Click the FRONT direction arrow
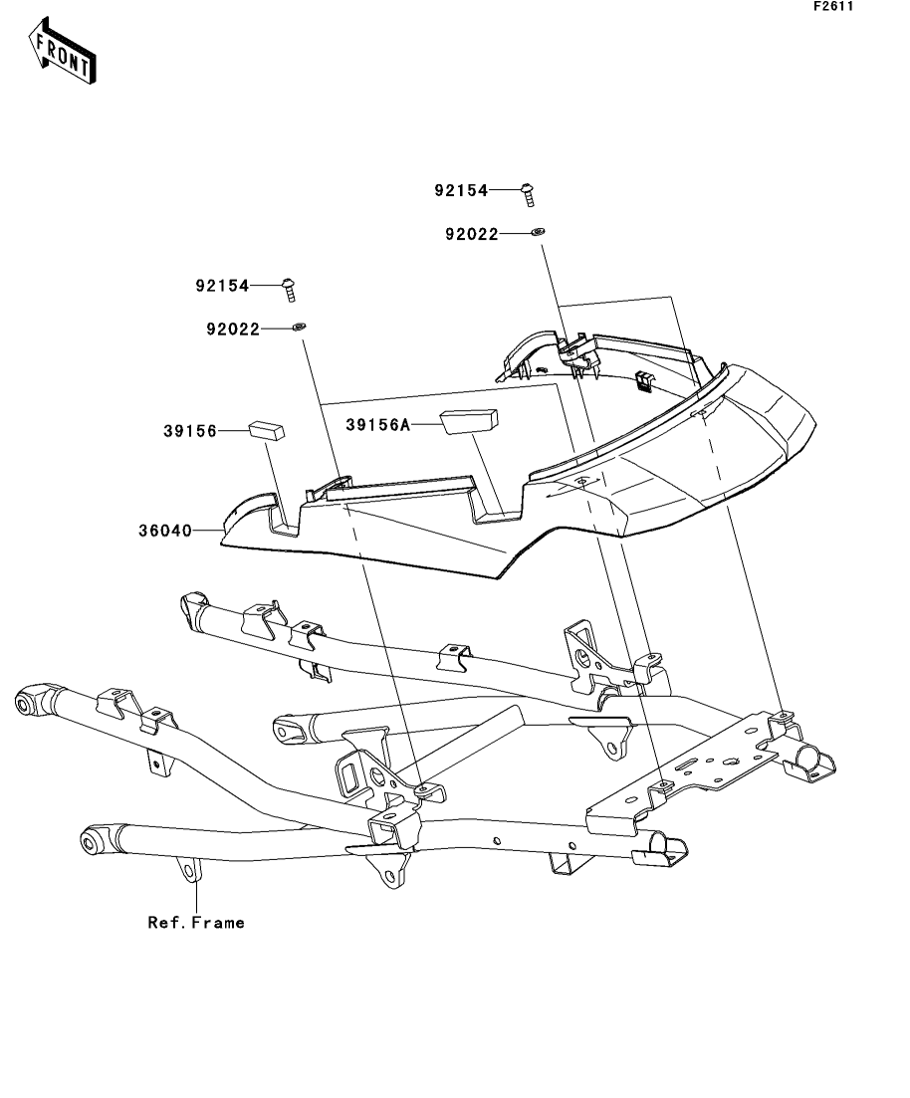62,51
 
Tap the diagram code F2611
833,6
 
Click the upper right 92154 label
461,190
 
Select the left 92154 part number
222,286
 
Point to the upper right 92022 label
472,234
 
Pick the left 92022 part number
233,329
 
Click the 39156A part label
377,425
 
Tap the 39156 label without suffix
190,431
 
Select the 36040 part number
165,531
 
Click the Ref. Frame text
196,923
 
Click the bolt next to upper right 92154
529,195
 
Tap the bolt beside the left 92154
290,290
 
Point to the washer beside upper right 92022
538,232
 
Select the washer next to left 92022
299,328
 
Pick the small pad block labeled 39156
267,429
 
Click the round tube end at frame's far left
30,703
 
